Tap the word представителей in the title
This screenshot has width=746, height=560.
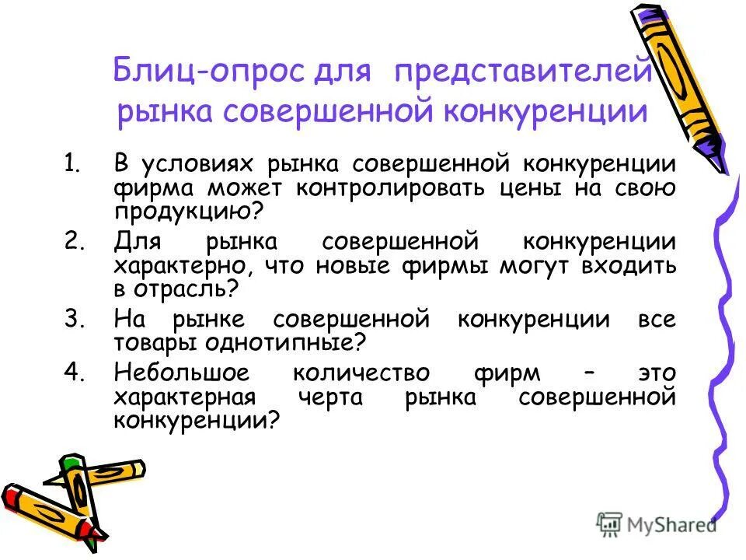(x=522, y=73)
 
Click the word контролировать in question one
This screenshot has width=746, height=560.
(x=385, y=190)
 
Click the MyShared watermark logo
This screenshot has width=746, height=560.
(x=657, y=523)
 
